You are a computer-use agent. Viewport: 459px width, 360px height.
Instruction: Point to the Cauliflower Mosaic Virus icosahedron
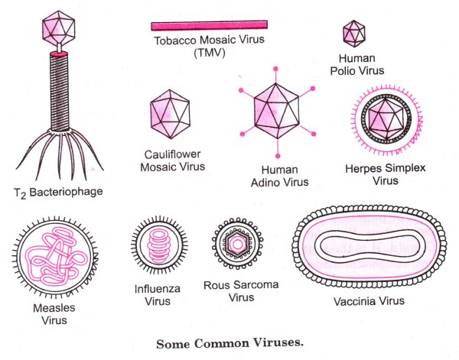[x=171, y=111]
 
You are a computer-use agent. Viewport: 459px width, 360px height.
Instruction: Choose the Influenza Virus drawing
[x=158, y=249]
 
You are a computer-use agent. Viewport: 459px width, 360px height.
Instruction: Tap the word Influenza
[x=158, y=290]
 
